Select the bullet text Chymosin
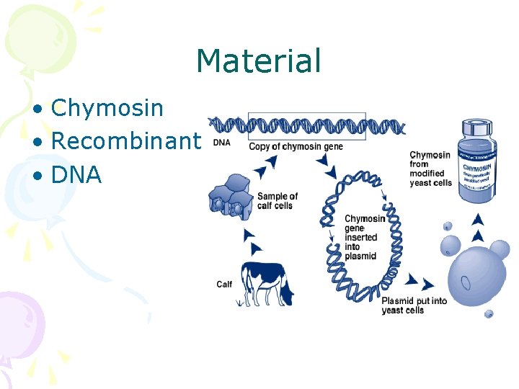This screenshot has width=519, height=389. pyautogui.click(x=107, y=108)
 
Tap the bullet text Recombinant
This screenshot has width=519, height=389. pyautogui.click(x=125, y=141)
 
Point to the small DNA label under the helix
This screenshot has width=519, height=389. pyautogui.click(x=221, y=143)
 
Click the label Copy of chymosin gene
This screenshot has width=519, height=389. pyautogui.click(x=296, y=147)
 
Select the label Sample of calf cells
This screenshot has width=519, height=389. pyautogui.click(x=278, y=201)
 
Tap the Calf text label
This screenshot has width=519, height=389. pyautogui.click(x=224, y=284)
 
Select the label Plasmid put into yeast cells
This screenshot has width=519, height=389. pyautogui.click(x=413, y=305)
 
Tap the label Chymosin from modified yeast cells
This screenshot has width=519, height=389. pyautogui.click(x=430, y=169)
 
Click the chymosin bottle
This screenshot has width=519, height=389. pyautogui.click(x=478, y=162)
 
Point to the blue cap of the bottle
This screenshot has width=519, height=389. pyautogui.click(x=477, y=128)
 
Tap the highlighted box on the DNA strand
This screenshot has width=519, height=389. pyautogui.click(x=306, y=126)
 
